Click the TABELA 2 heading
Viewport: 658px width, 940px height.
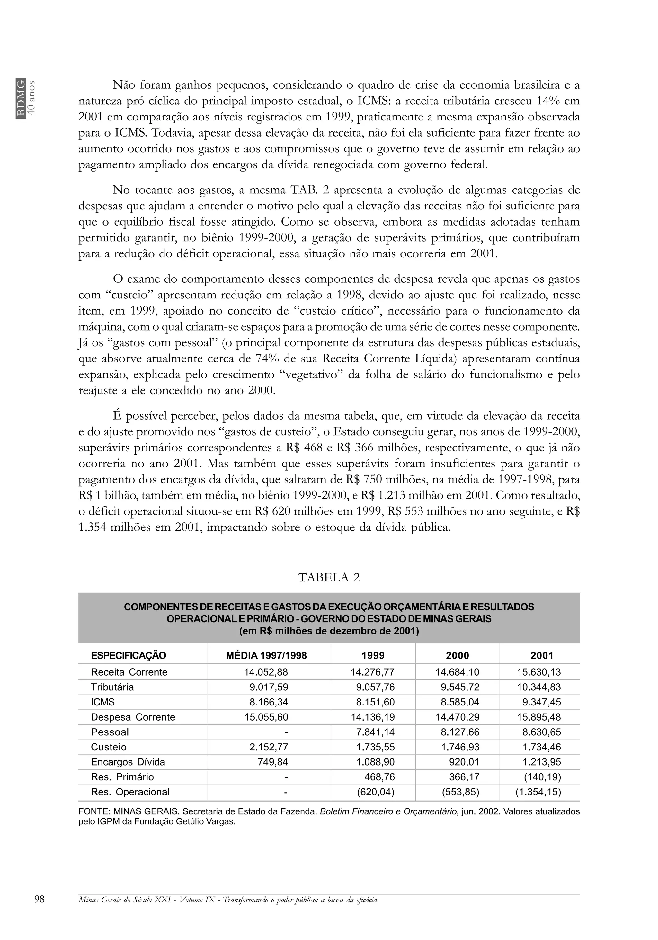[x=329, y=577]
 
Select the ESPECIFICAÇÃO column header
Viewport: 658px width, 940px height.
[x=128, y=655]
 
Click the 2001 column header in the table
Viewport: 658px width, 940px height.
[x=542, y=655]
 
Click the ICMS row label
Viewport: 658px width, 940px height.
[x=103, y=702]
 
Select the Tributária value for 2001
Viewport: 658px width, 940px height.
[x=538, y=687]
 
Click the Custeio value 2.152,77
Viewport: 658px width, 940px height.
[x=269, y=747]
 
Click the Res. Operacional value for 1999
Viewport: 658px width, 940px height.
[x=376, y=792]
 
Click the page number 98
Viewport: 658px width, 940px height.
[x=40, y=899]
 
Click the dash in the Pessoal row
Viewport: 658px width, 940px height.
[x=286, y=732]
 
